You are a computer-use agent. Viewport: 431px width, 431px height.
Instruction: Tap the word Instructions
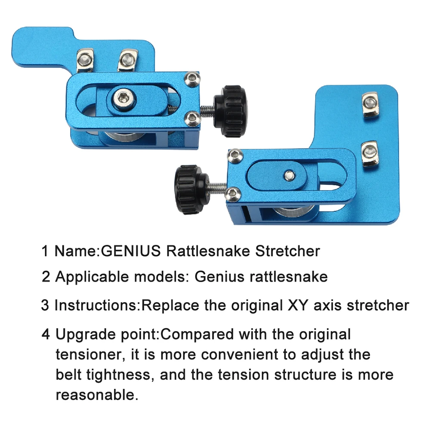(97, 305)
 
